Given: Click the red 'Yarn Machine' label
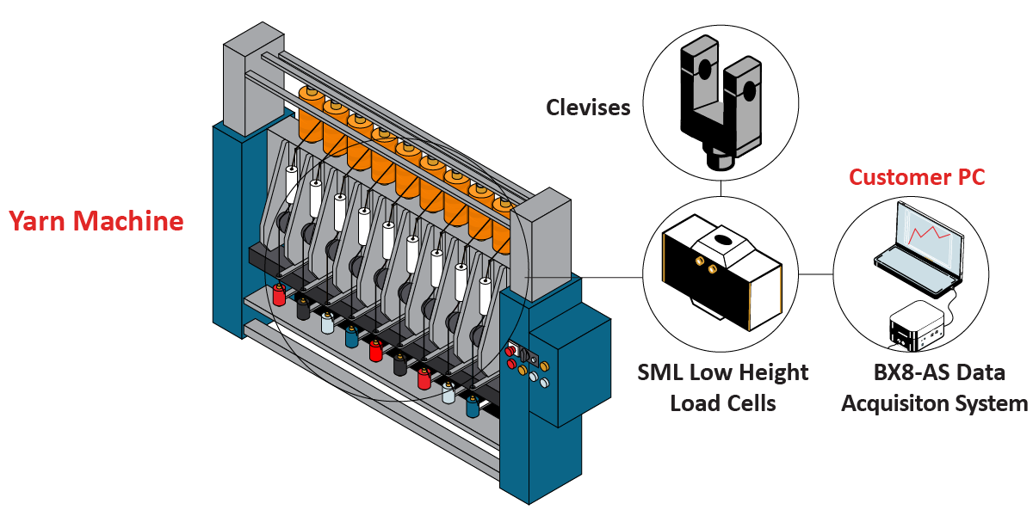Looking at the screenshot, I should [96, 222].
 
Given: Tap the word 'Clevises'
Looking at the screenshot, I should [588, 107].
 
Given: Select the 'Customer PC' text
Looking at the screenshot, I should [917, 177].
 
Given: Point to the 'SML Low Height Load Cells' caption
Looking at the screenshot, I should [723, 387].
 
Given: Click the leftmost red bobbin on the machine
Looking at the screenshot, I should [278, 295].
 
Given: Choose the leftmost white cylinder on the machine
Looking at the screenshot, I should [292, 184].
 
